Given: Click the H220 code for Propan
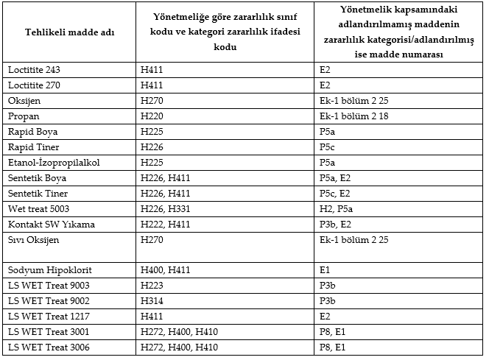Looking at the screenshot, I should tap(152, 116).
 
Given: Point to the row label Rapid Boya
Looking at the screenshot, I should tap(33, 132).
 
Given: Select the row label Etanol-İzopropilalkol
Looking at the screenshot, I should tap(54, 163).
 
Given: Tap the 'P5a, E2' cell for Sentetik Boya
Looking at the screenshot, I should tap(336, 178).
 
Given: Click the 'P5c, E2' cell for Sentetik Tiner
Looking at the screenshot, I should tap(336, 194).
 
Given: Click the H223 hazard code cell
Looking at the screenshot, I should tap(152, 286).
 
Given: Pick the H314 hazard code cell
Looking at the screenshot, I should tap(152, 301).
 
